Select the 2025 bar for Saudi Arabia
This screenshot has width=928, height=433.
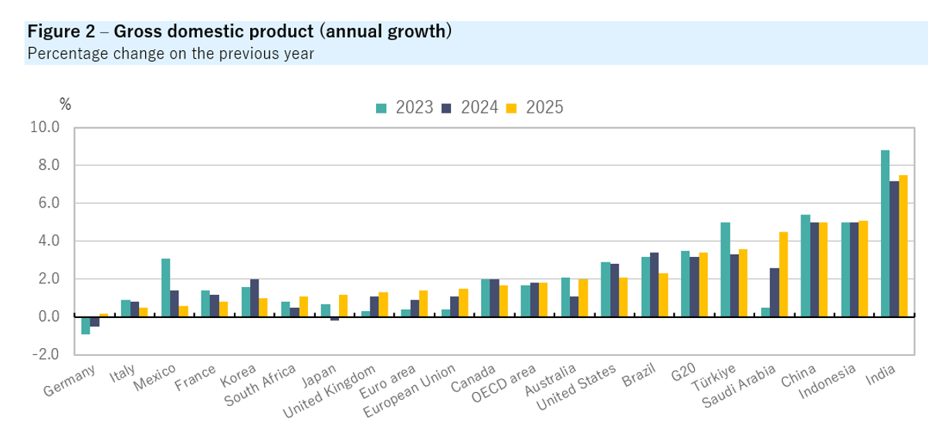(783, 274)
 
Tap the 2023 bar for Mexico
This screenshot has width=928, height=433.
(165, 287)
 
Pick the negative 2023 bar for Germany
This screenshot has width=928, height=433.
(86, 325)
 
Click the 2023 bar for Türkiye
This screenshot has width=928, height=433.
(725, 269)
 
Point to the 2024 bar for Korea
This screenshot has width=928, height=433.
(254, 298)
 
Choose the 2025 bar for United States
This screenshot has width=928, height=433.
(623, 297)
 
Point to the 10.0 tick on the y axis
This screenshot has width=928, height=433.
(45, 128)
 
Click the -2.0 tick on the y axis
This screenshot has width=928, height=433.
(45, 355)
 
